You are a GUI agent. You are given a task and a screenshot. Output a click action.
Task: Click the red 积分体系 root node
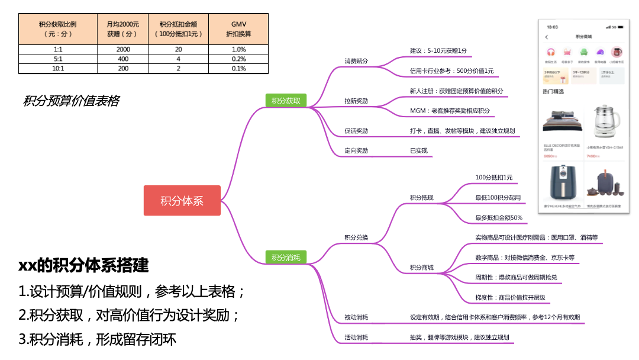click(x=182, y=201)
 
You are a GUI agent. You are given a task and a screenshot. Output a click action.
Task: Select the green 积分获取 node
click(x=286, y=101)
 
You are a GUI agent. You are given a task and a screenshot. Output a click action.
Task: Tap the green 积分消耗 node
click(x=286, y=257)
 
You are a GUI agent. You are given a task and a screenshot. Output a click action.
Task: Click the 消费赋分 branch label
click(x=356, y=61)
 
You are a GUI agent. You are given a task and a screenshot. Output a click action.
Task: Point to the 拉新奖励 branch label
click(x=356, y=101)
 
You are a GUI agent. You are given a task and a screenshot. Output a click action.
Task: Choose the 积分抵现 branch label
click(x=421, y=198)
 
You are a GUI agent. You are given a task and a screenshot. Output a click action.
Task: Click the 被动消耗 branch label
click(x=356, y=317)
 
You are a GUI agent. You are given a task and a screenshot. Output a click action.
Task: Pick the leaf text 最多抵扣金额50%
click(x=499, y=218)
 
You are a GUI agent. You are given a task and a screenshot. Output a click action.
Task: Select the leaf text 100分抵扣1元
click(x=494, y=178)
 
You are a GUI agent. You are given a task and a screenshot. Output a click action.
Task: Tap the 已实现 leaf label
click(x=418, y=151)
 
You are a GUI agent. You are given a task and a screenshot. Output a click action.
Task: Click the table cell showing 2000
click(x=123, y=50)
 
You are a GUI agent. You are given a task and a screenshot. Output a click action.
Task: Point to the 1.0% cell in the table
click(x=239, y=50)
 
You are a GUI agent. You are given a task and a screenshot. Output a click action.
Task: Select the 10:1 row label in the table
click(x=57, y=69)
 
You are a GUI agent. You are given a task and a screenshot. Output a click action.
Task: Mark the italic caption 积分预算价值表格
click(x=71, y=101)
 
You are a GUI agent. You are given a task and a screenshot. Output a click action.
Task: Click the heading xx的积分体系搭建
click(x=83, y=265)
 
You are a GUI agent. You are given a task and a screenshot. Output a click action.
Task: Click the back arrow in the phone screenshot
click(x=546, y=37)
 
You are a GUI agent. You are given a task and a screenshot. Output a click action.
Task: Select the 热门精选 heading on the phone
click(x=553, y=92)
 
